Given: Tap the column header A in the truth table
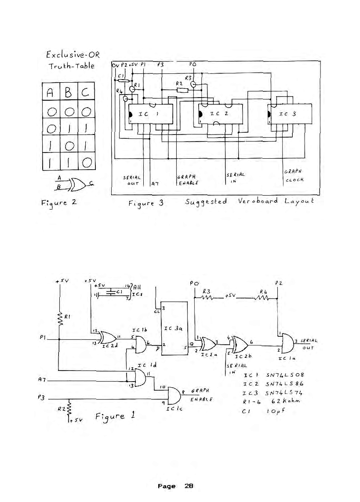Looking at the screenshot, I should coord(51,92).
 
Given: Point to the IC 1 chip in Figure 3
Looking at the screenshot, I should coord(150,114).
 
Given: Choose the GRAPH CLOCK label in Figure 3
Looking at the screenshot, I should coord(292,175).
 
